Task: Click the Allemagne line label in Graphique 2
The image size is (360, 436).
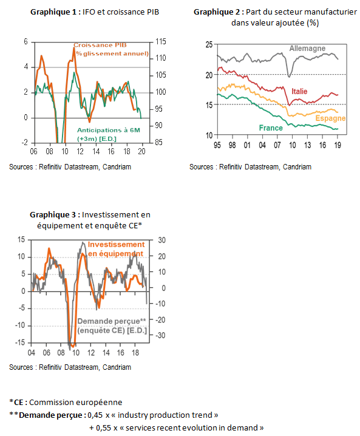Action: click(x=307, y=49)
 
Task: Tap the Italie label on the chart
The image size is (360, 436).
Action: click(x=299, y=91)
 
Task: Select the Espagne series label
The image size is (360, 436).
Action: click(x=330, y=118)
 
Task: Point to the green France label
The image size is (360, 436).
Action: click(x=271, y=128)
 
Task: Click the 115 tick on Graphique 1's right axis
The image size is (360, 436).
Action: click(x=161, y=42)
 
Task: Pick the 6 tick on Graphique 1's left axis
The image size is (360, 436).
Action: click(x=26, y=42)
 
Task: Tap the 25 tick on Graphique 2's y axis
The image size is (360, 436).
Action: click(x=209, y=44)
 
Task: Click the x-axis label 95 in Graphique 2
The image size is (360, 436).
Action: click(x=217, y=145)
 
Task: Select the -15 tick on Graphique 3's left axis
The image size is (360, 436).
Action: click(x=20, y=342)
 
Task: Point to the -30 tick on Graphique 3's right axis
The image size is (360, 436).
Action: click(x=160, y=335)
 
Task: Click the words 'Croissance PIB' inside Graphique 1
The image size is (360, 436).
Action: click(x=100, y=45)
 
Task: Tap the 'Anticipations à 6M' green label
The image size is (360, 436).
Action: click(x=109, y=130)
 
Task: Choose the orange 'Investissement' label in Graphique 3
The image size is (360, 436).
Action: click(x=116, y=245)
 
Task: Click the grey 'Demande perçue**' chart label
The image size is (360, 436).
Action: click(x=112, y=321)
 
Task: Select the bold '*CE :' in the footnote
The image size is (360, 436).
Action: click(x=18, y=403)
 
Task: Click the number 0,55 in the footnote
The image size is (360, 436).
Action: click(x=103, y=427)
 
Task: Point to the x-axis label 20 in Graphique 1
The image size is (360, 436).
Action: click(x=142, y=151)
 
